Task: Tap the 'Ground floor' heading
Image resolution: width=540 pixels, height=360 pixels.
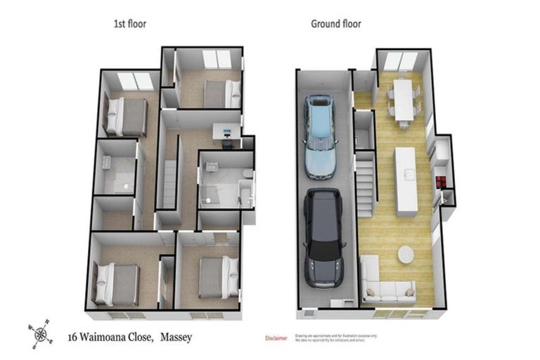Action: (x=336, y=24)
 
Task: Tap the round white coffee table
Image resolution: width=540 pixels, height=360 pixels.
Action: (x=407, y=253)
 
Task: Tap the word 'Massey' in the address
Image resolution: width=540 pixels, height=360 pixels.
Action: (x=174, y=337)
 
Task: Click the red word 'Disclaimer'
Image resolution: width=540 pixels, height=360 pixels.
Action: (x=276, y=339)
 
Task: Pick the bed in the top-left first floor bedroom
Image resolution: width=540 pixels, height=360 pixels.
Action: (x=127, y=116)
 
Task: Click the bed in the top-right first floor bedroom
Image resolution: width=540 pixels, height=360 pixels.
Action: (x=221, y=94)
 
